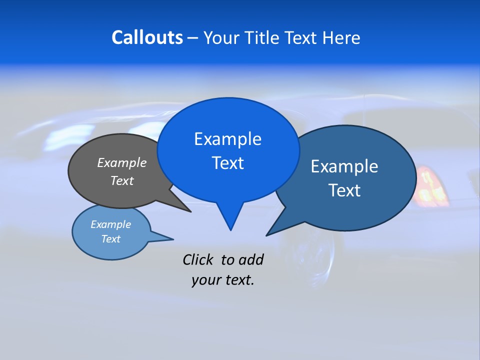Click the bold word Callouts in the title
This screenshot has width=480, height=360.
point(147,37)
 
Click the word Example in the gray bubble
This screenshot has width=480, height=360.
point(122,162)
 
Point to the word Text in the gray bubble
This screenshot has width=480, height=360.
point(122,180)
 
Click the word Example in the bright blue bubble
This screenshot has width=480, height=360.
point(227,139)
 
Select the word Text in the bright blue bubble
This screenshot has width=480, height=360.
point(227,163)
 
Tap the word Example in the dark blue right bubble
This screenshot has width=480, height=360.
point(344,166)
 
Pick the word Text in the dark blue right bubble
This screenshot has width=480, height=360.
point(344,190)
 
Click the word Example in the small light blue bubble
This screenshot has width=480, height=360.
point(111,224)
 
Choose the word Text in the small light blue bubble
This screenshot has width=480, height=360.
point(111,239)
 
